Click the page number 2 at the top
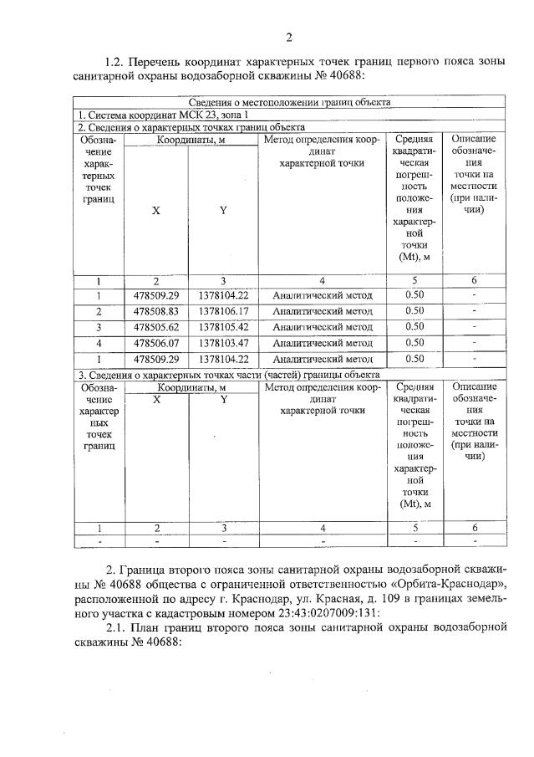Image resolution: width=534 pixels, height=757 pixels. (x=288, y=36)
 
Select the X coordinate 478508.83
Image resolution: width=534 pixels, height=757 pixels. (x=155, y=310)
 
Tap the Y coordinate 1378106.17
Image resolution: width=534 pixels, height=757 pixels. (x=223, y=310)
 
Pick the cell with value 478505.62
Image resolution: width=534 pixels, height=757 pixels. (x=155, y=326)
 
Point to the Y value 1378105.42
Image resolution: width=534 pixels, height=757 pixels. (x=223, y=326)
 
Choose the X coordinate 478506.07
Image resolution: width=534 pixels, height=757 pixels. (x=155, y=342)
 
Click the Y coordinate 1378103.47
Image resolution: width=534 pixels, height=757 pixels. (x=223, y=342)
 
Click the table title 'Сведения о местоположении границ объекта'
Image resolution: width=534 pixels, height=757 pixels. (x=288, y=102)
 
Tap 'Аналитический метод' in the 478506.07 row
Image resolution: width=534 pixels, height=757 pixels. (x=322, y=342)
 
